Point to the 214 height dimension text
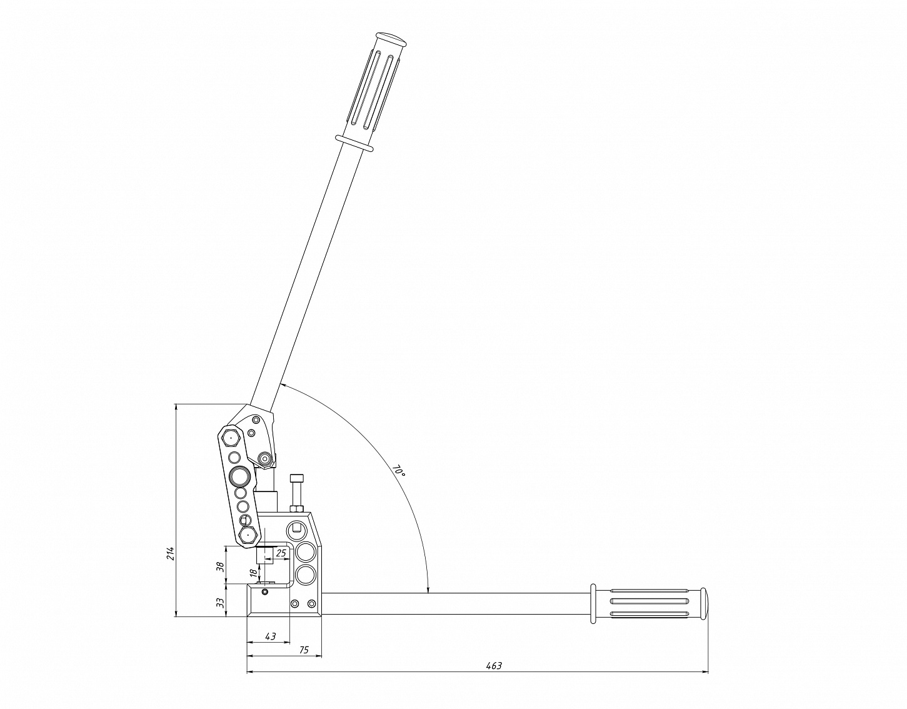coord(170,553)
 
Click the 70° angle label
coord(399,470)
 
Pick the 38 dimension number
coord(221,566)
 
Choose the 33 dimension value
coord(221,602)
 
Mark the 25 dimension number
coord(281,553)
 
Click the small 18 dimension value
coord(253,572)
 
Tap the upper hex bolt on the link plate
coord(231,437)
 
